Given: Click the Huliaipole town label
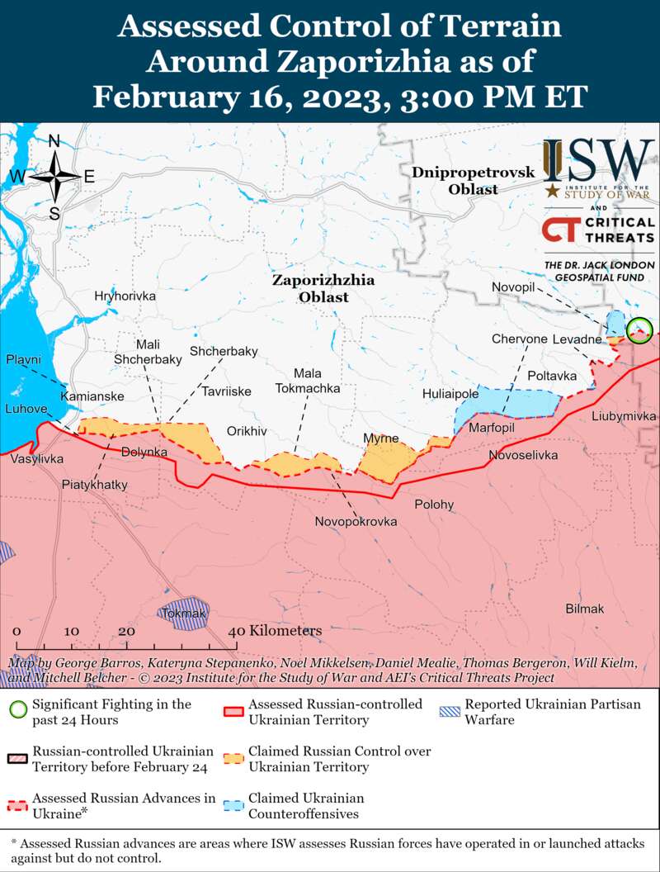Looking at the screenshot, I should (x=450, y=394).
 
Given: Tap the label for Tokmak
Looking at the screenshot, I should (x=183, y=614).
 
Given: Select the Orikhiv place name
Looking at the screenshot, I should (x=247, y=431).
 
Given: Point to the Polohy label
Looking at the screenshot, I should (x=434, y=505).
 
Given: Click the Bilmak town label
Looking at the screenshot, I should (x=585, y=609).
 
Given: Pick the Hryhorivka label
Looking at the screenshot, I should (x=125, y=296).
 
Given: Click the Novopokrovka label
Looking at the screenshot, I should (x=356, y=522).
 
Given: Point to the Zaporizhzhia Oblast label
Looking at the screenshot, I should (x=323, y=288).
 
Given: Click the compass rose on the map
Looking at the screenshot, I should (x=54, y=176).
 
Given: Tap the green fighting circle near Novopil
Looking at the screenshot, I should (x=639, y=331).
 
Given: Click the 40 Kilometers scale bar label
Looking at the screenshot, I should (x=276, y=631).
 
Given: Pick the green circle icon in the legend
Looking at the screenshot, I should (x=18, y=709).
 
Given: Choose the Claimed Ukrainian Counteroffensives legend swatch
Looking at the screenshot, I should (x=234, y=804).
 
